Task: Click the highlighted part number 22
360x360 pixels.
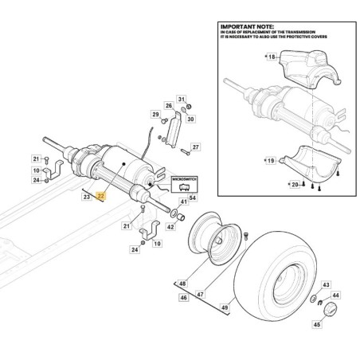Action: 100,194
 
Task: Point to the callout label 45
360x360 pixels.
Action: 318,325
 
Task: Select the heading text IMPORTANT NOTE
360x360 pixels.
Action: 244,25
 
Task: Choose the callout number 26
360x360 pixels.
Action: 169,106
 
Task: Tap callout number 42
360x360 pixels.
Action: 170,227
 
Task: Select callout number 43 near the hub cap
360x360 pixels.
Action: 325,284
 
